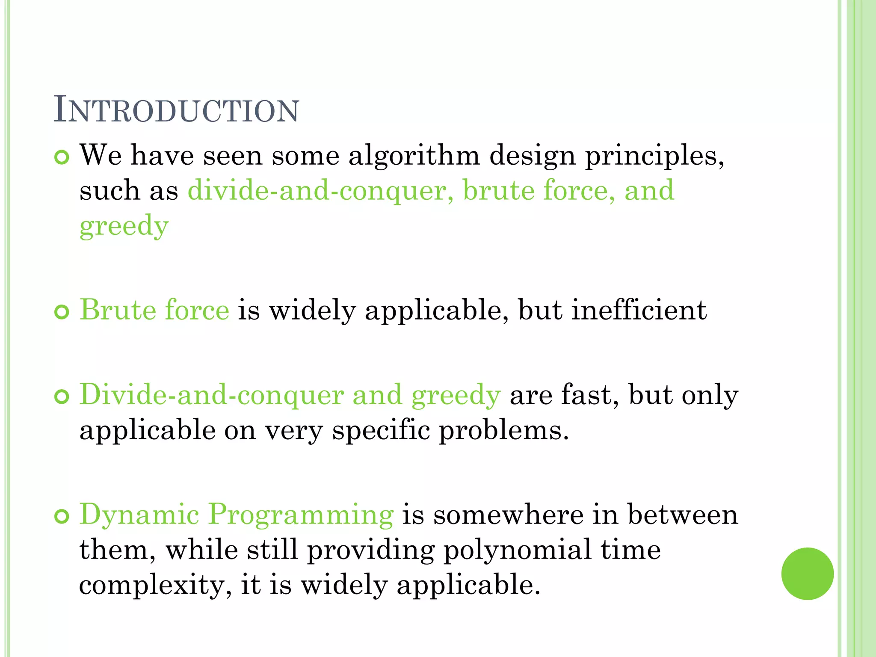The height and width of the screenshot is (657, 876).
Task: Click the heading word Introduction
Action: [176, 110]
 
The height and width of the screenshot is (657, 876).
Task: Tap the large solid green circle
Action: [807, 574]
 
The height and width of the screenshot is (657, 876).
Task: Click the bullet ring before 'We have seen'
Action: [62, 157]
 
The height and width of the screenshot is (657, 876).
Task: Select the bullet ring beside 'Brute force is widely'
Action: [62, 312]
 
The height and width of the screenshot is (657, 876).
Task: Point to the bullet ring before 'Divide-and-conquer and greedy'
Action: [62, 397]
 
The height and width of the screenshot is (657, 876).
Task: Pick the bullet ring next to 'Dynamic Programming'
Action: [62, 517]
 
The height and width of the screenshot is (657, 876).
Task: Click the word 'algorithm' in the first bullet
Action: [414, 156]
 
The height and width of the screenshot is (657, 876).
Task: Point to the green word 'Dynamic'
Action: [139, 515]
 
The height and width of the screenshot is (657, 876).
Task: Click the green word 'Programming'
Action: [301, 515]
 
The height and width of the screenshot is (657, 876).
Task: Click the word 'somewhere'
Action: [508, 514]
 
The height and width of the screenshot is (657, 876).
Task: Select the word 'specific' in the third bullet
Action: [381, 430]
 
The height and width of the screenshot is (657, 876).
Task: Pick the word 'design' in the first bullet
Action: [532, 156]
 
